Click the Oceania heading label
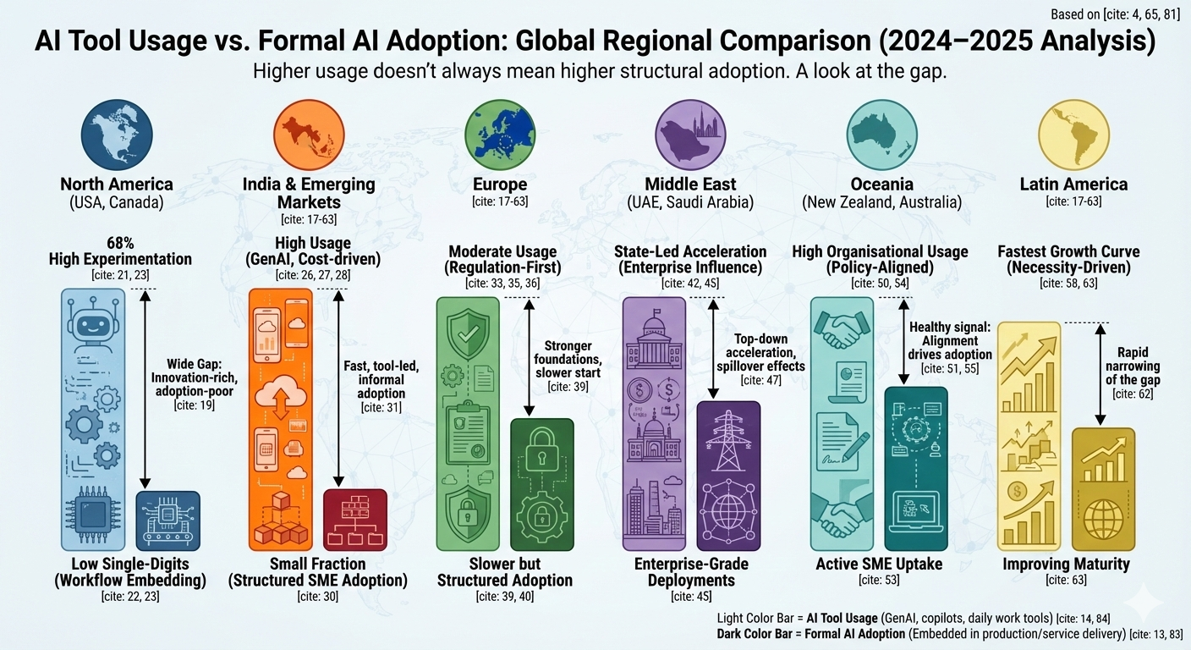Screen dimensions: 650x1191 click(x=882, y=184)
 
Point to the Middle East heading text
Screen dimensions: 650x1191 click(x=689, y=184)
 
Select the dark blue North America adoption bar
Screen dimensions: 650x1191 click(x=167, y=521)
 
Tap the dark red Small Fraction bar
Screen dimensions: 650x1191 click(x=355, y=521)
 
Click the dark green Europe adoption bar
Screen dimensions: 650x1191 click(x=542, y=485)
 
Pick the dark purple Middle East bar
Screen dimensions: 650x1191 click(x=728, y=476)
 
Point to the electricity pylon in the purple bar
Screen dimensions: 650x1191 click(x=728, y=439)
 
